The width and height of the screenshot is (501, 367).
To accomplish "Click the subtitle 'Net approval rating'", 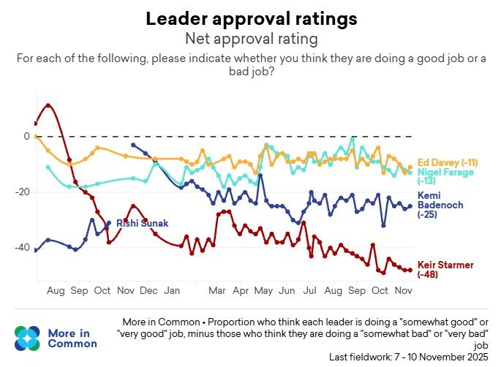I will tap(250, 37).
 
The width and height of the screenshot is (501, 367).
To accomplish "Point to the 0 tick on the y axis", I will tap(26, 137).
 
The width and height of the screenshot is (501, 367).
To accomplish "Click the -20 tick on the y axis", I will tap(22, 192).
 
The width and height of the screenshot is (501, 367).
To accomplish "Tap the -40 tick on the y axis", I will tap(22, 248).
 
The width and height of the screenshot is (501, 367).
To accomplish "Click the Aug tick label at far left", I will tap(56, 291).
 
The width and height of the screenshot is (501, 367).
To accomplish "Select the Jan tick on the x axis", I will tap(173, 291).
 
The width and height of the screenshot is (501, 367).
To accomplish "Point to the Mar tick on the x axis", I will tap(217, 291).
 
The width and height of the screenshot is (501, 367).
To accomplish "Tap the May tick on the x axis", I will tap(263, 291).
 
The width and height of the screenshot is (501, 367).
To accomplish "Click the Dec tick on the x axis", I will tap(150, 291).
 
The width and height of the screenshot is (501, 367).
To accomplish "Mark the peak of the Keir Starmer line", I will tap(48, 105).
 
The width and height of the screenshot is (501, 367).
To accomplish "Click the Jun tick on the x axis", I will tap(287, 291).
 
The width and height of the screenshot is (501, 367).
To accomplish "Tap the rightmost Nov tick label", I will tap(402, 291).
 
